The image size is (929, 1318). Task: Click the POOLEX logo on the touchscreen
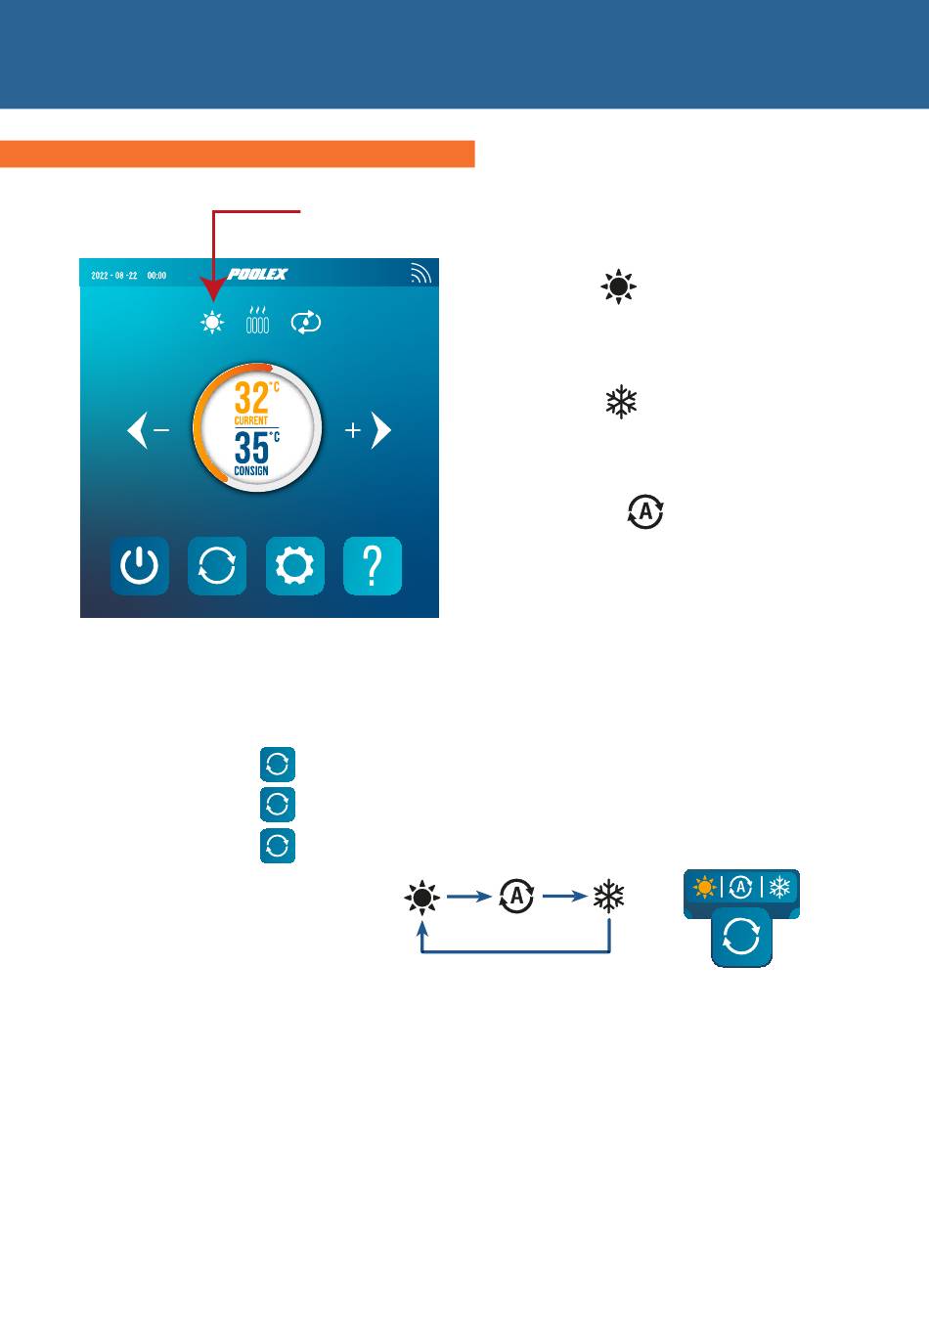coord(257,275)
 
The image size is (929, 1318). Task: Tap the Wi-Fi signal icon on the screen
coord(420,274)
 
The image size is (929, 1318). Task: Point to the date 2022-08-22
coord(113,276)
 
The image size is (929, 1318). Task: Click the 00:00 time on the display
coord(156,276)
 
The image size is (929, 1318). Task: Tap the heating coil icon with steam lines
coord(257,320)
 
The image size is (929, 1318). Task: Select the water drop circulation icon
coord(306,322)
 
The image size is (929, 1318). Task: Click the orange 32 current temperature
coord(251,399)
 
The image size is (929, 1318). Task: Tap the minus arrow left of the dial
coord(149,430)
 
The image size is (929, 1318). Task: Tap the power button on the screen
coord(139,566)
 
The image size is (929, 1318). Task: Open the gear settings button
coord(295,566)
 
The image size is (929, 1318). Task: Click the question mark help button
coord(373,566)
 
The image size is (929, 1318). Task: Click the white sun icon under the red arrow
coord(211,322)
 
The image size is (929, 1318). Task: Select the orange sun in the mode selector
coord(703,888)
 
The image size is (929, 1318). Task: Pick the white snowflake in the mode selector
coord(779,888)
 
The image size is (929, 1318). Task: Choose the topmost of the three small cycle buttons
coord(278,764)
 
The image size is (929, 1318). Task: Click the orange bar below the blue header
coord(237,154)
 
